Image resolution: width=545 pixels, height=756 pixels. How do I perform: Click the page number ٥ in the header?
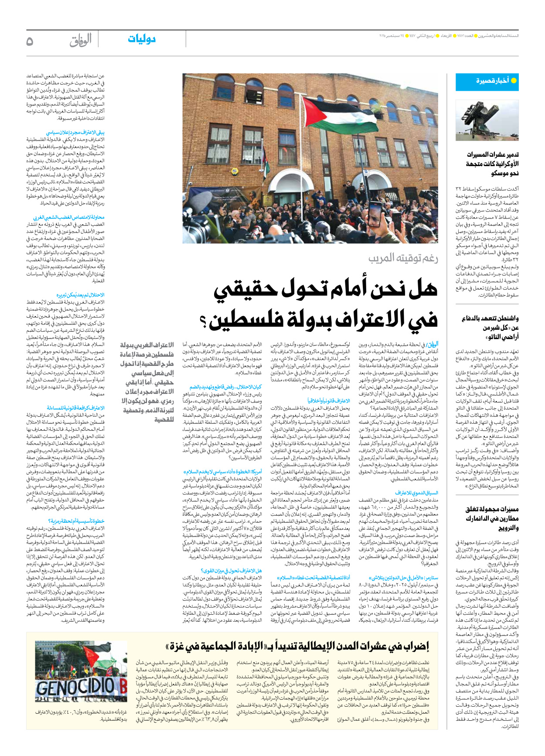click(30, 41)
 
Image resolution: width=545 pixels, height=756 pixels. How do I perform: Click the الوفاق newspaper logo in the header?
click(80, 41)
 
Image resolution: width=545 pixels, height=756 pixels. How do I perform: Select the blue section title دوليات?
click(142, 39)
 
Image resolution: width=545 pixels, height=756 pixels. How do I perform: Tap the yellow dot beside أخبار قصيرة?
click(514, 81)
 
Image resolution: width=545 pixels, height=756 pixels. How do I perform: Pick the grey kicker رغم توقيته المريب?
click(403, 258)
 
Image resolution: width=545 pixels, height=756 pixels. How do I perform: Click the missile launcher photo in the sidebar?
click(487, 120)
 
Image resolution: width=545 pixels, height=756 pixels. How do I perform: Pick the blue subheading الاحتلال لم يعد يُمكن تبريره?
click(80, 295)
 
